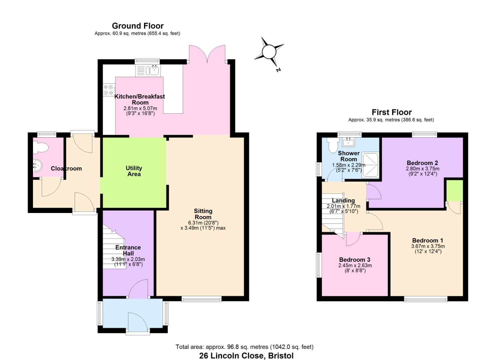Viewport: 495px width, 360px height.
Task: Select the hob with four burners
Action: pyautogui.click(x=109, y=90)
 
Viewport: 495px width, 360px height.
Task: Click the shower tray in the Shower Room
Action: pyautogui.click(x=370, y=164)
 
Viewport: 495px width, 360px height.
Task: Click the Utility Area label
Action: pyautogui.click(x=134, y=171)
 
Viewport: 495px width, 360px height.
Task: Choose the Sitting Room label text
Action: pyautogui.click(x=203, y=214)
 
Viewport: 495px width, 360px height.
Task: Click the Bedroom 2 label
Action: pyautogui.click(x=422, y=163)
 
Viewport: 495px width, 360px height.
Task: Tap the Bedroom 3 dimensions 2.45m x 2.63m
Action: pyautogui.click(x=355, y=265)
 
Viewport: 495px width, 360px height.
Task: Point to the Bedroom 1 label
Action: pyautogui.click(x=427, y=240)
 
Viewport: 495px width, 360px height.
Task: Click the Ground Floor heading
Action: pyautogui.click(x=138, y=26)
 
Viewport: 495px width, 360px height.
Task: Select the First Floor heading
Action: pyautogui.click(x=391, y=112)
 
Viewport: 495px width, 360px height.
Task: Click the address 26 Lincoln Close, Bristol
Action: pyautogui.click(x=246, y=356)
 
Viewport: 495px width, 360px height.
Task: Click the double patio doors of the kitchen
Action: pyautogui.click(x=207, y=54)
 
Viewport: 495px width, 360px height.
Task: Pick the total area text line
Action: pyautogui.click(x=244, y=347)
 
